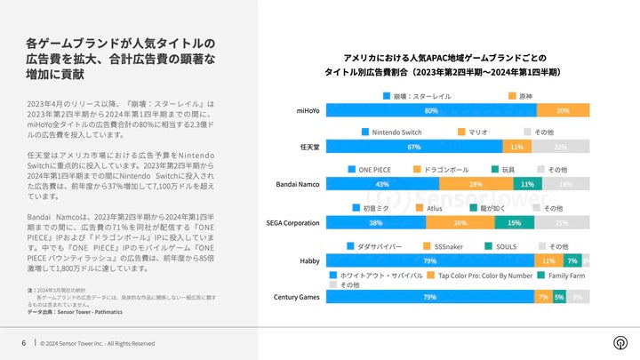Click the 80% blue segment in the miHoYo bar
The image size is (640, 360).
(431, 110)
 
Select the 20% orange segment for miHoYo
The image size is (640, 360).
(564, 110)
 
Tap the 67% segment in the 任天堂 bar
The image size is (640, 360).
(413, 147)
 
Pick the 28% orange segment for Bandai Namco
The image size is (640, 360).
(476, 184)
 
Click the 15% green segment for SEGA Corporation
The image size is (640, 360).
(514, 222)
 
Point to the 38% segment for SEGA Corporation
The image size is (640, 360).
(377, 222)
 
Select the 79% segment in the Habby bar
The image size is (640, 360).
(429, 260)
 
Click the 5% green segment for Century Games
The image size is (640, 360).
(559, 297)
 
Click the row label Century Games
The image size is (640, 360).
(297, 297)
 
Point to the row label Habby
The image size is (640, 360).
(308, 260)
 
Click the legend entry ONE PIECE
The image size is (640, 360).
(374, 169)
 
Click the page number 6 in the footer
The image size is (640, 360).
(23, 343)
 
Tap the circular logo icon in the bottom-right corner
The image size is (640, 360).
(619, 343)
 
